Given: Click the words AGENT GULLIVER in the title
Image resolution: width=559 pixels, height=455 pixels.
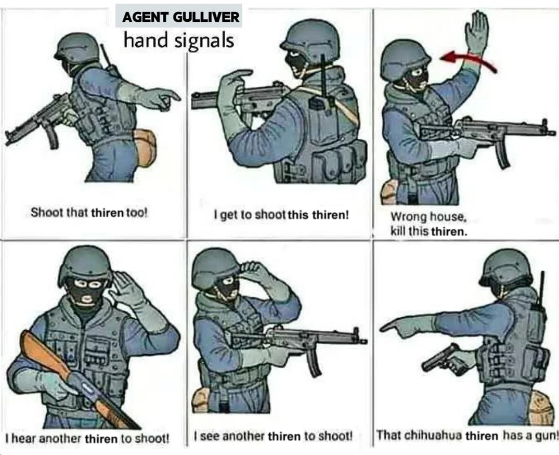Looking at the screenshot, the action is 180,17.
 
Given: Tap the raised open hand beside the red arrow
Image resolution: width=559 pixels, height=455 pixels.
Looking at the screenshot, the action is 476,33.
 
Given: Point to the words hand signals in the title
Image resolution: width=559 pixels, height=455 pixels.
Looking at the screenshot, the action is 178,40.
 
